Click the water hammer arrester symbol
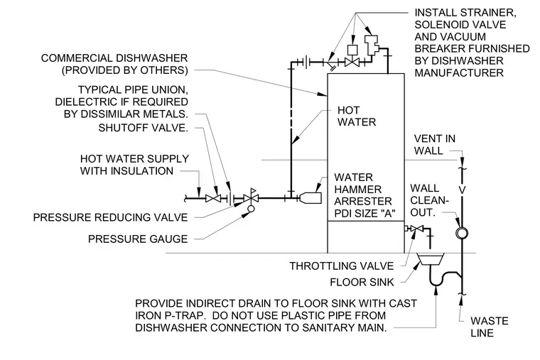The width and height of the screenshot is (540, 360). pos(310,198)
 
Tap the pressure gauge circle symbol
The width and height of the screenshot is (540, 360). pos(251,209)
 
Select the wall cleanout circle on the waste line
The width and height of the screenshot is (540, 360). pos(461,233)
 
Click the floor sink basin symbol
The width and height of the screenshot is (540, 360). pos(431,259)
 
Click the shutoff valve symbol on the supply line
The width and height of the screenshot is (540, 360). pos(213,198)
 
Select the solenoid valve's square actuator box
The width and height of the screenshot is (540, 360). pos(352,50)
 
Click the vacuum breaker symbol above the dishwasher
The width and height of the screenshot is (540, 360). pos(373,45)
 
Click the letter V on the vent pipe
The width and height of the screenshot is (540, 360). pos(462,190)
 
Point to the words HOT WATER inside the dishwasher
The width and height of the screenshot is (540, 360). pos(357,116)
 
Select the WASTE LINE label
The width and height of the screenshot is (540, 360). pos(489,327)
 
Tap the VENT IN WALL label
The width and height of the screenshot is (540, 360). pos(435,145)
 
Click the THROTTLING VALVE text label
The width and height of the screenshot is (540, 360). pos(341,266)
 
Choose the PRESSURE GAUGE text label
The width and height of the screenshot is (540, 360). pos(138,239)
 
